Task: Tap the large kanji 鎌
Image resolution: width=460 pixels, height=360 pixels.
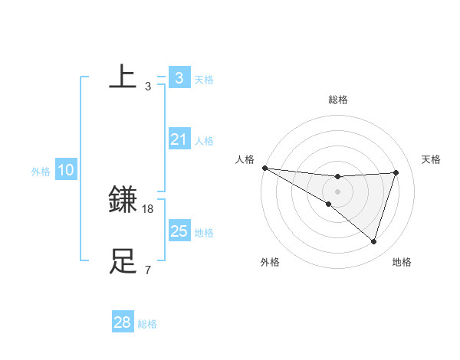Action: [123, 200]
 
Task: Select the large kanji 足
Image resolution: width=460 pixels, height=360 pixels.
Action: [123, 261]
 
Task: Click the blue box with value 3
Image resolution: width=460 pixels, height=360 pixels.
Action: [179, 77]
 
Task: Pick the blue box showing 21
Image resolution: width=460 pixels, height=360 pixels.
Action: [179, 139]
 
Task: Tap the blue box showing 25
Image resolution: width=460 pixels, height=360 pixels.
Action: [179, 231]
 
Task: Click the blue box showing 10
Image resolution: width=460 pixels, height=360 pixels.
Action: [65, 170]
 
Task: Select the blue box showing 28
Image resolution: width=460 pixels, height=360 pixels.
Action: [122, 322]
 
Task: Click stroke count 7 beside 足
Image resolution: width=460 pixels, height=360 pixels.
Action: [148, 270]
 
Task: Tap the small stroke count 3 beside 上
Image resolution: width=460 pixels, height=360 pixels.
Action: [148, 86]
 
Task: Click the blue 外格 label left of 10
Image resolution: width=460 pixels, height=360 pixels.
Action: [41, 172]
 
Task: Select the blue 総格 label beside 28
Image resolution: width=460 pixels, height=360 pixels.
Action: [147, 324]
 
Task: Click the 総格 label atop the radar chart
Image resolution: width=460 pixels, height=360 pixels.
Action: [337, 100]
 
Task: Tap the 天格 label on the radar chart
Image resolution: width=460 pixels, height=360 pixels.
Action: [432, 159]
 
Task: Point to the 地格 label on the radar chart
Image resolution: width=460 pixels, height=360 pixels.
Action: [402, 262]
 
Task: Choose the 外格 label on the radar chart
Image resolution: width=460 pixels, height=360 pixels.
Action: [270, 262]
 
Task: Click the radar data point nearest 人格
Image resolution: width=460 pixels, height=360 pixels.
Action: [264, 168]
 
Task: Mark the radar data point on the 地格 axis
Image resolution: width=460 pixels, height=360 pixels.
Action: [373, 241]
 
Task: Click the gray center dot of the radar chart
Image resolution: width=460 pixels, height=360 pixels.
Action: [337, 191]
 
